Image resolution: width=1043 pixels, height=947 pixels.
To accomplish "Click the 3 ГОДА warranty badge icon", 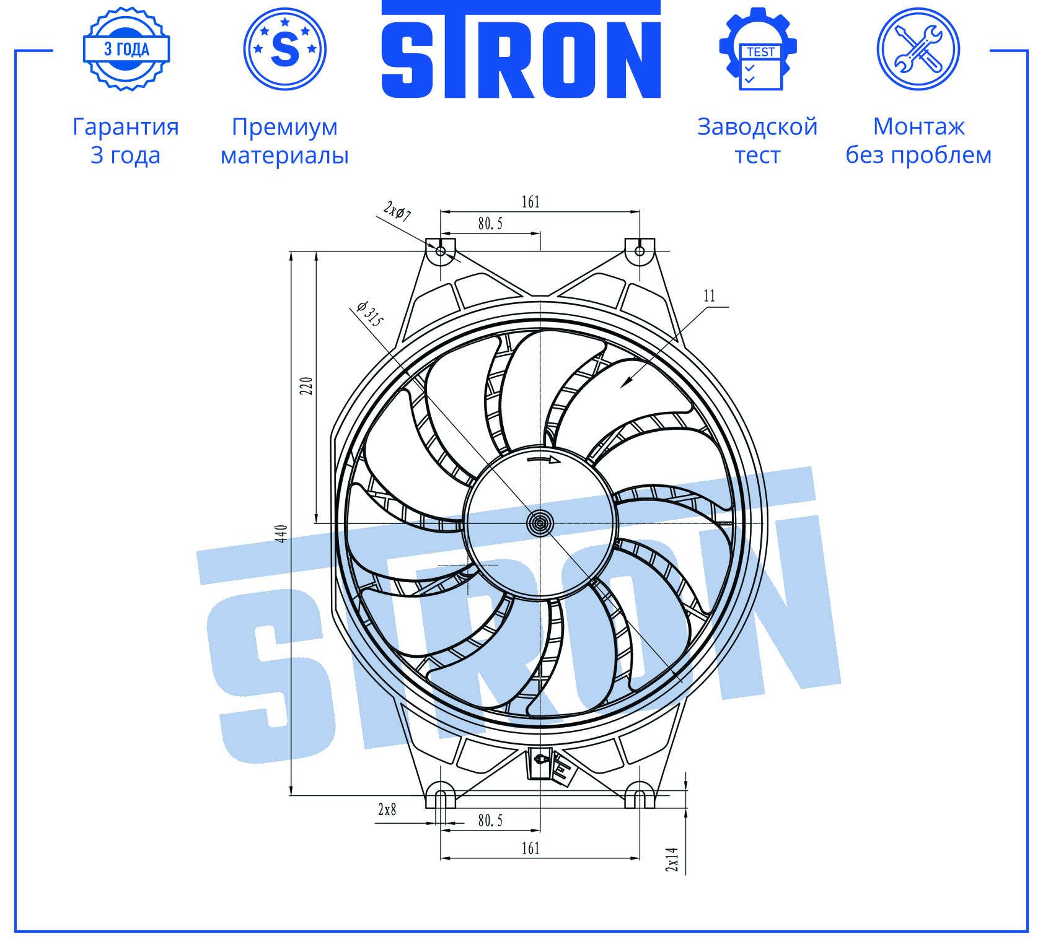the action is tap(126, 49).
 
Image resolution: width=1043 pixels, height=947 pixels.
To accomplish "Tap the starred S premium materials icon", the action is tap(285, 49).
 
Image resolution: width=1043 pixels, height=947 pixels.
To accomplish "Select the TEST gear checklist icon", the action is tap(758, 49).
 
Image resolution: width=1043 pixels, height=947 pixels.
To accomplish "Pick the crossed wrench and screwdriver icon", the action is tap(918, 49).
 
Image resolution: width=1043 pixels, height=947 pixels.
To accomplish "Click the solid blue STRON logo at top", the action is tap(521, 50).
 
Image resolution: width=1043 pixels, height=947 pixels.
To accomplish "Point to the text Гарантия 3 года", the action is tap(126, 141).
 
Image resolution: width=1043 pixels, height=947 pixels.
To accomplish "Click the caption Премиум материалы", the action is tap(284, 141).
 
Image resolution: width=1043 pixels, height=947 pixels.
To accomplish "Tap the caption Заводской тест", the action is tap(757, 141).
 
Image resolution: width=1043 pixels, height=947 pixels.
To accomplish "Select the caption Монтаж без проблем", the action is tap(918, 141).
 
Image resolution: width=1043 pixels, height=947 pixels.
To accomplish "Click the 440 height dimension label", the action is tap(281, 533).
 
